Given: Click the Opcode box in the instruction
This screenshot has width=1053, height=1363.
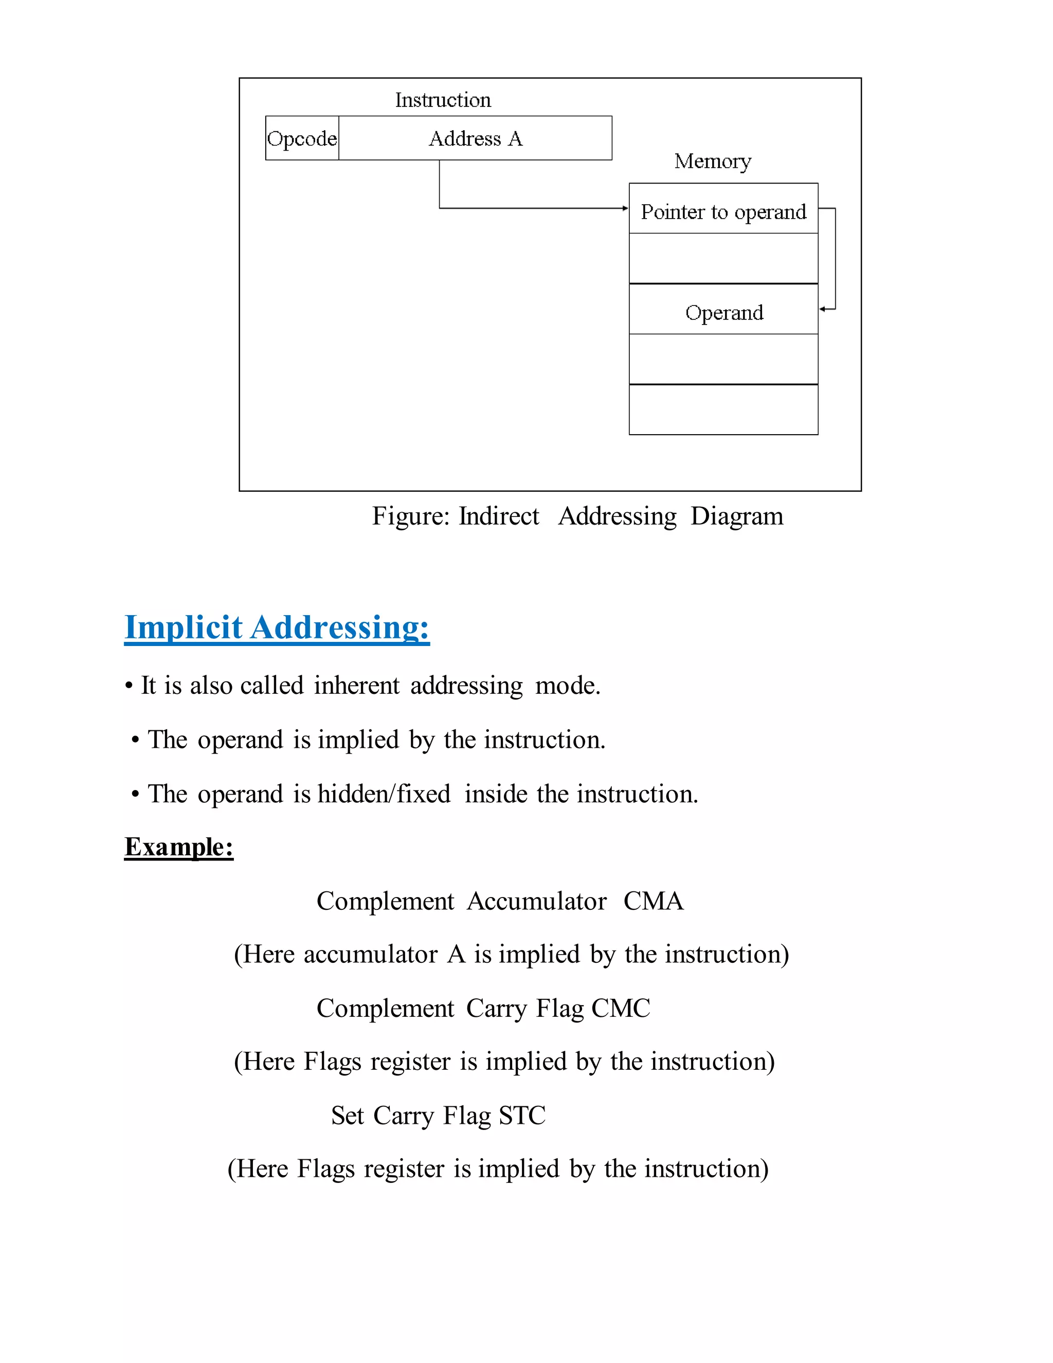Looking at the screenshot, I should pos(302,138).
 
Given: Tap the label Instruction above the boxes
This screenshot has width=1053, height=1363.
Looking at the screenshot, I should pos(443,100).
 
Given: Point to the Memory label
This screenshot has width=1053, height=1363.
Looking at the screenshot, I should pos(713,161).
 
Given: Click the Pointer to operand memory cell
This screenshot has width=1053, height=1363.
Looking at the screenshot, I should pos(723,211).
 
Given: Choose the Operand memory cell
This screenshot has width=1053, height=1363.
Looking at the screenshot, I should pos(723,312).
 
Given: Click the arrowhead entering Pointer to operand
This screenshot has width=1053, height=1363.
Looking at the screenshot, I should pos(625,208).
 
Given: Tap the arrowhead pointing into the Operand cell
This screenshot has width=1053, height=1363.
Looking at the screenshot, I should pos(823,309).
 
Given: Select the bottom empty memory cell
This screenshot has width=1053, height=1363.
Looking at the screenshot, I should pos(723,409).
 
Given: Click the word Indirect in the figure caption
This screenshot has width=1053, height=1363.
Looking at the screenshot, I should pos(498,516).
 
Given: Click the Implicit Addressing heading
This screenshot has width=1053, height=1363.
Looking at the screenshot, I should pos(277,626).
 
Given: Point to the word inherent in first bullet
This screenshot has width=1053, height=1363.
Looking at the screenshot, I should pos(356,685).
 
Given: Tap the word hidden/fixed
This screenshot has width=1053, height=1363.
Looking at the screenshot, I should pos(384,794).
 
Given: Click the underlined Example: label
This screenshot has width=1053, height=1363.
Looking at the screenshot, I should pos(178,847).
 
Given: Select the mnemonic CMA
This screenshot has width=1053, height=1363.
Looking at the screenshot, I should pos(653,901).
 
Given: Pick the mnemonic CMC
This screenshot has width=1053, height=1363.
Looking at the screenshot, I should pos(621,1009).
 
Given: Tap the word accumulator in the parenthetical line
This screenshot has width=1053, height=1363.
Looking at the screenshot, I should pos(371,955).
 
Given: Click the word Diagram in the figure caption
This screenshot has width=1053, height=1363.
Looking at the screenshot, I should pos(736,516).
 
